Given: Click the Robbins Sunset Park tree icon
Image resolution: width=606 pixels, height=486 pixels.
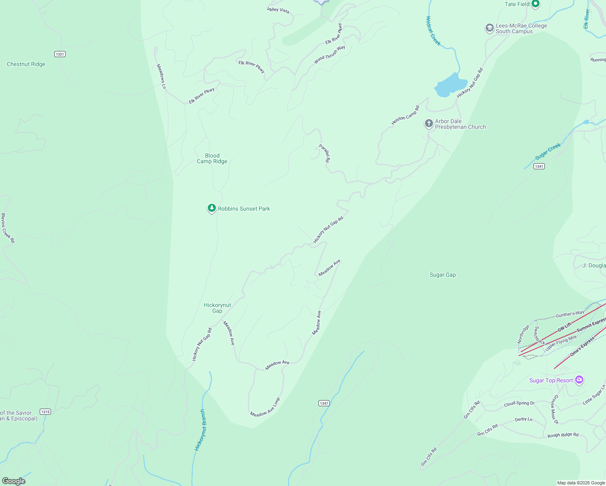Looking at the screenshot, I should [x=211, y=208].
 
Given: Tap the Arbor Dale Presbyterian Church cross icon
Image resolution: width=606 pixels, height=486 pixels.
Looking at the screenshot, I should [x=429, y=124].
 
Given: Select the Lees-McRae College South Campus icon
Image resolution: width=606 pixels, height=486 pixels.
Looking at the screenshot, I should [x=489, y=28].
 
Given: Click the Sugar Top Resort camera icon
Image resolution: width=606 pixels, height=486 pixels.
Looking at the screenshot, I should [x=579, y=380].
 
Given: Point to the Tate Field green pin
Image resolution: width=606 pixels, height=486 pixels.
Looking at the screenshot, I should [x=536, y=4].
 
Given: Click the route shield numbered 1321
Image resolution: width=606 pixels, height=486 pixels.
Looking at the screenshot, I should [x=60, y=54].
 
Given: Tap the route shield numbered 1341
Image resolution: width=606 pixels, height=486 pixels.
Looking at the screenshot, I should [x=539, y=166].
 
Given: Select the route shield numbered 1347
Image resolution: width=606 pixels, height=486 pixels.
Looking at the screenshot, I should [x=324, y=403].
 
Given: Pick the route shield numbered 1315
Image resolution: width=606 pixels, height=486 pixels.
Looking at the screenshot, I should [x=45, y=412].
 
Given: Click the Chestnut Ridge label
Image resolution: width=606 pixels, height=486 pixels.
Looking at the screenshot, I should [x=26, y=64].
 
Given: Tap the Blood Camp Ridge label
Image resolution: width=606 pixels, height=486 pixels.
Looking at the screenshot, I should [x=212, y=158].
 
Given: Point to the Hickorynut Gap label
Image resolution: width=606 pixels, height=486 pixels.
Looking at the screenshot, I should [x=217, y=308].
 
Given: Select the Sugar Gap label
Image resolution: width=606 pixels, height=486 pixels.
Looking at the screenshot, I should [x=442, y=275].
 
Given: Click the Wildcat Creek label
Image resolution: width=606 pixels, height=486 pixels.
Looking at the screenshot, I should [x=433, y=31].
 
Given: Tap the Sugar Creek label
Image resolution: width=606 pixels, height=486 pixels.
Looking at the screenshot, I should [x=548, y=151].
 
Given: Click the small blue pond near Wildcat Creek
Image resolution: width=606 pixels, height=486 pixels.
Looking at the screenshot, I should [x=450, y=85].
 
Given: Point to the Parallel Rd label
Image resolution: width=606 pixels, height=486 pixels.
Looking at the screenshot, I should [x=324, y=153].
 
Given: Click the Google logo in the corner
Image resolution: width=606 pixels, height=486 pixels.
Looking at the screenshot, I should [x=14, y=481].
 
